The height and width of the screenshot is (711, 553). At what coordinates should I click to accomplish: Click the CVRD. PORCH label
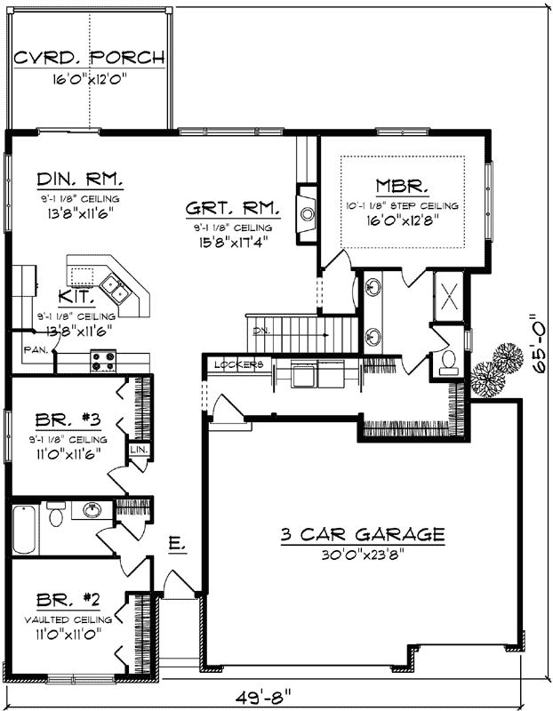(90, 59)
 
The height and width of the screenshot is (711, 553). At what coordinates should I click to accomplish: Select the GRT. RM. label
(233, 210)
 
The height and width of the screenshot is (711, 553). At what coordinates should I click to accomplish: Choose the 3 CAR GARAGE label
(362, 534)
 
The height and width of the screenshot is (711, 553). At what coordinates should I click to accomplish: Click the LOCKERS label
(239, 364)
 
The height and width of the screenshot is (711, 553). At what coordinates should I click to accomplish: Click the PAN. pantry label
(36, 348)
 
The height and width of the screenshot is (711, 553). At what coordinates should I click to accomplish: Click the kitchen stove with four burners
(103, 360)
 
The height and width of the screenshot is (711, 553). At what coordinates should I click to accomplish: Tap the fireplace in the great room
(307, 213)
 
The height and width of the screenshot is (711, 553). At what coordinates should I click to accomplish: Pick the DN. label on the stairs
(260, 330)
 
